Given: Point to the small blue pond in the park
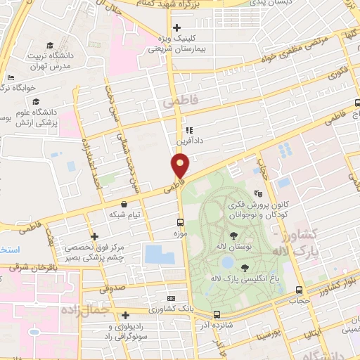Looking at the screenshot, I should pos(226,262).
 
